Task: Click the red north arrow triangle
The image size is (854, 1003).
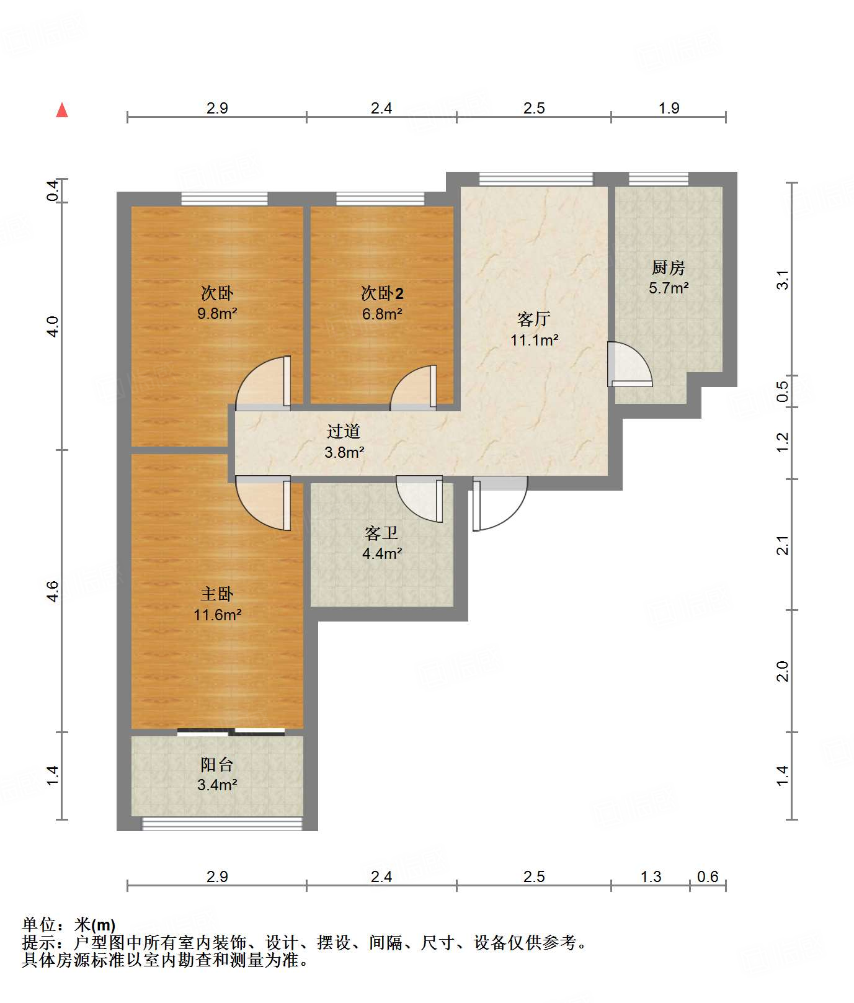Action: point(62,110)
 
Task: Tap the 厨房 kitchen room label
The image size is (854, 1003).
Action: point(668,267)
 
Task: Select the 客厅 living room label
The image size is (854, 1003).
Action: point(534,319)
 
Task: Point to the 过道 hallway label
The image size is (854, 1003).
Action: point(344,431)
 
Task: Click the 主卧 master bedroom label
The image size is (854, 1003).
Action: point(217,594)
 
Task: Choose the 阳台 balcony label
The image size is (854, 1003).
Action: point(217,764)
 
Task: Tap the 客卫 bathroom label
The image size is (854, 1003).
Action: point(381,533)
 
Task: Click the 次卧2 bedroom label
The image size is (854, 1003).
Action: point(382,293)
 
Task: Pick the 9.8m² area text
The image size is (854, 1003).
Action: point(217,313)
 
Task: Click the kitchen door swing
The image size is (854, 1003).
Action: point(630,364)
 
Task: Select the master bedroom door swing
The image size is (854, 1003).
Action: point(263,503)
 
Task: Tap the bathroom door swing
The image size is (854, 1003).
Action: point(419,499)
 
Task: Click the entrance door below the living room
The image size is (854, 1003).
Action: point(500,504)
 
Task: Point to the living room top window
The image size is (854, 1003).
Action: point(536,179)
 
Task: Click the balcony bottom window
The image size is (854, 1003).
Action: point(222,824)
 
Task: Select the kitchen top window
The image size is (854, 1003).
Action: point(659,179)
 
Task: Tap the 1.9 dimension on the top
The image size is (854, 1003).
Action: point(669,108)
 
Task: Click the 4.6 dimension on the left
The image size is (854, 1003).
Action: point(53,591)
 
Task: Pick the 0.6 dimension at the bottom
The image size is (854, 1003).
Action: point(708,876)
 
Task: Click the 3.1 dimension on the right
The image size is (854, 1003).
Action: point(783,279)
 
